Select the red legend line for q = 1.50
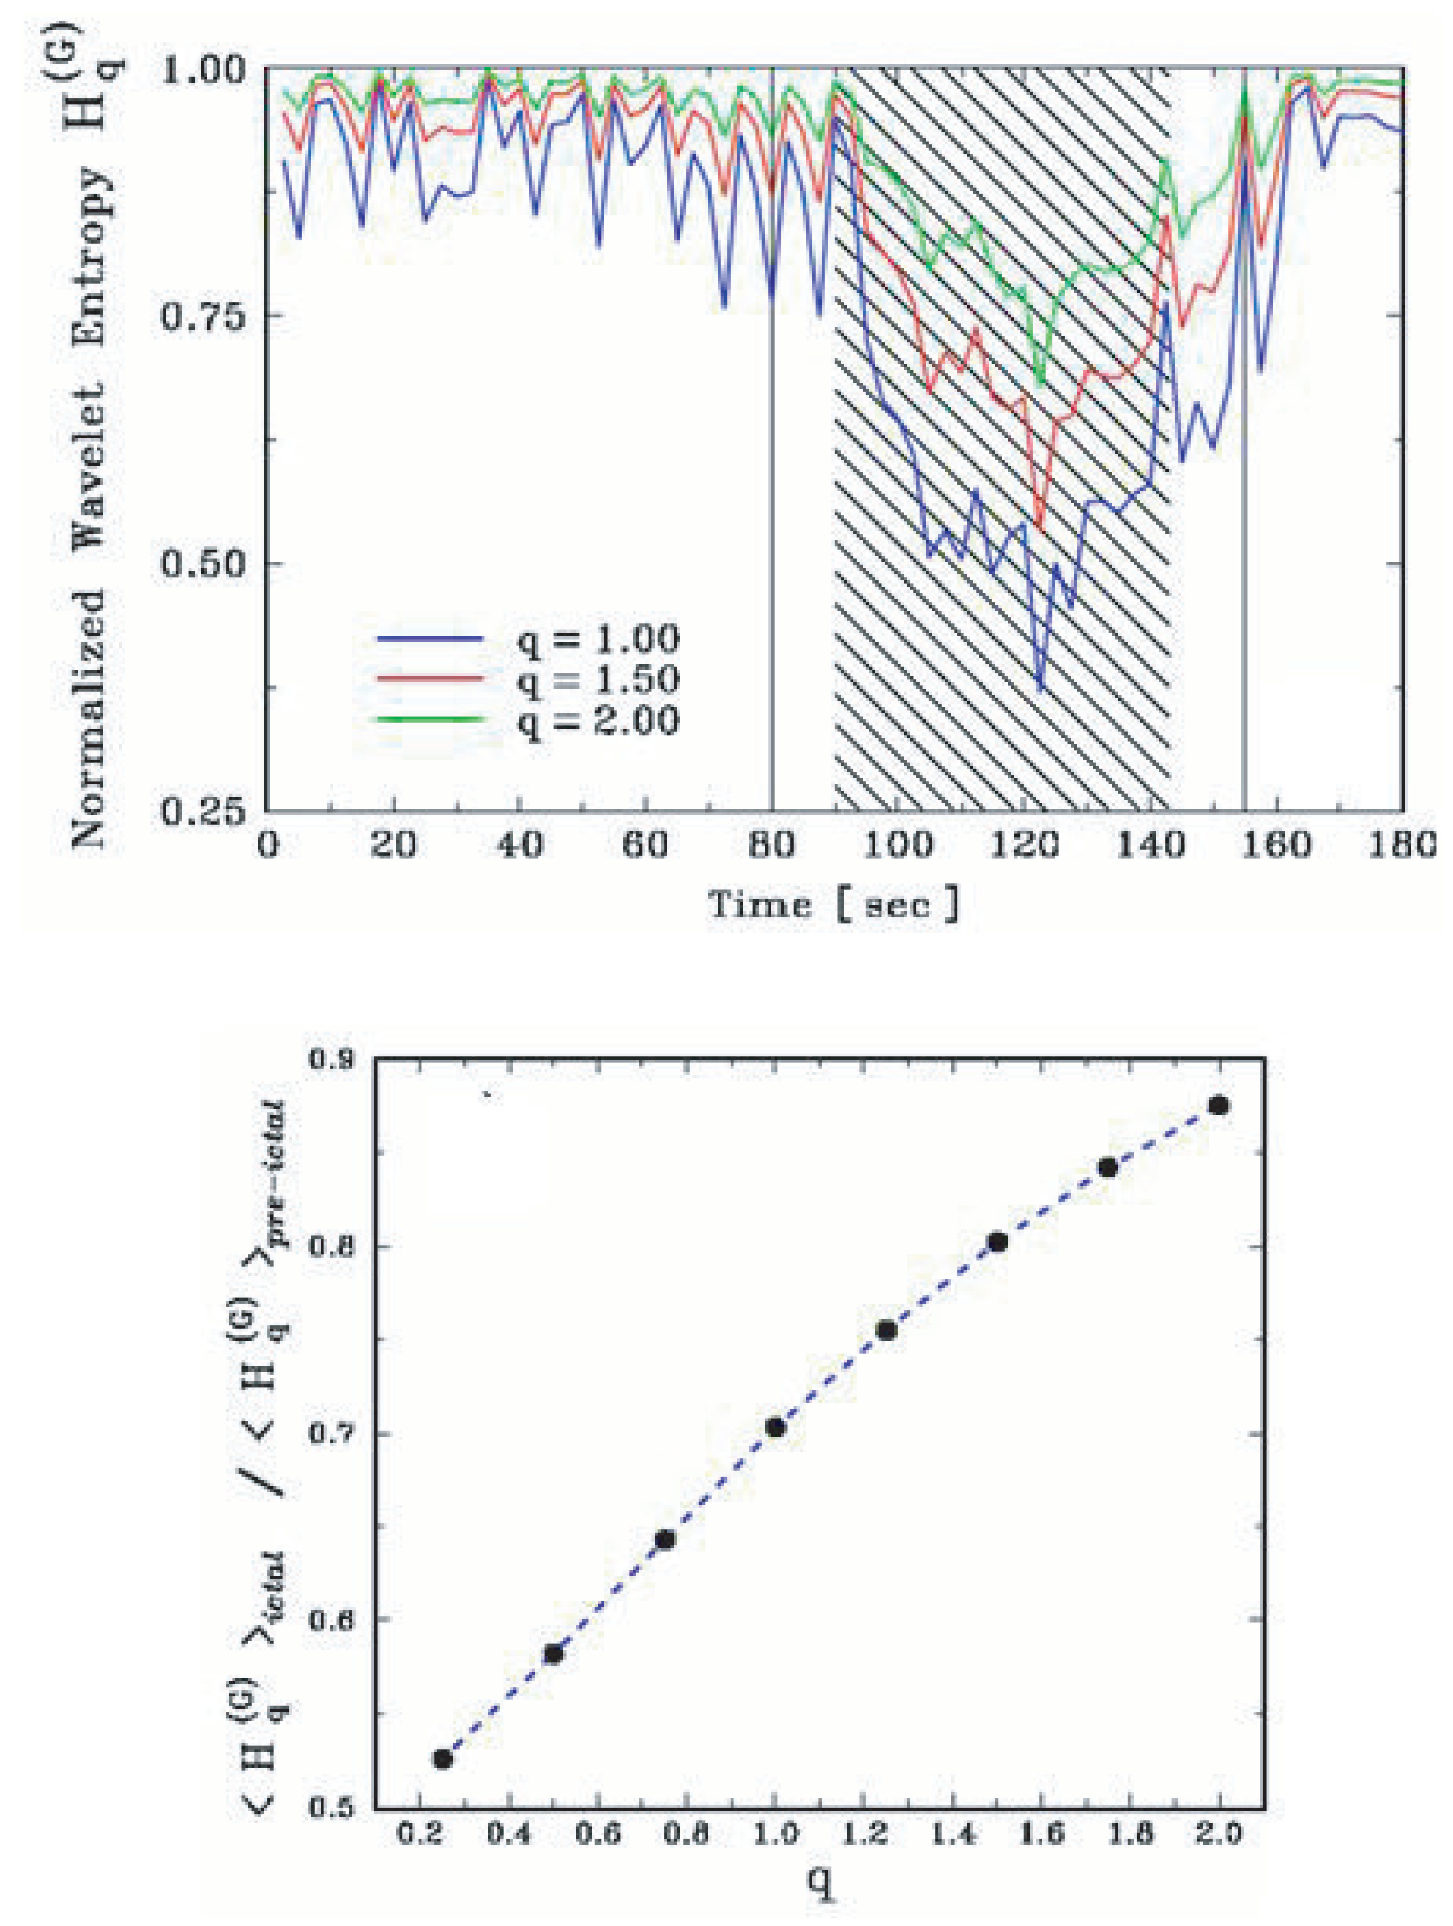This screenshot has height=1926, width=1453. tap(429, 679)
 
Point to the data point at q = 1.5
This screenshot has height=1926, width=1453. tap(998, 1241)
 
